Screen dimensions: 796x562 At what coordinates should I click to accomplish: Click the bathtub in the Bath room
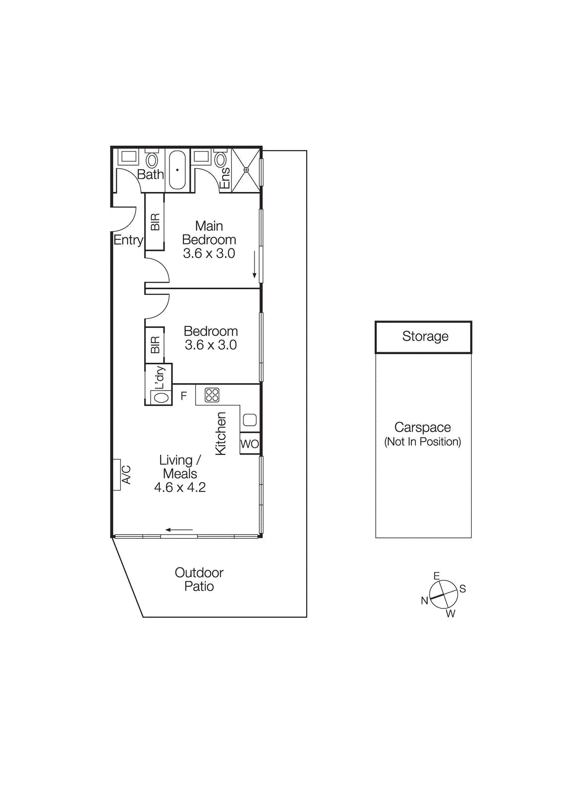[177, 170]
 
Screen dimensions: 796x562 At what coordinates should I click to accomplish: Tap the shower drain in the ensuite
[246, 170]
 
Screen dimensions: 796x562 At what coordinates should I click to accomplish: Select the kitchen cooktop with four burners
[212, 395]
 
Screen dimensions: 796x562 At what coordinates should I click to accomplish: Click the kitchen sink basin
[250, 420]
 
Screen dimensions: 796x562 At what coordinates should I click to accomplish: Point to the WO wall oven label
[249, 444]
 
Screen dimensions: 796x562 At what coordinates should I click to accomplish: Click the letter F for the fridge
[184, 396]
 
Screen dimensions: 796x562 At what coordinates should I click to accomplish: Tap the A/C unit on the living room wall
[117, 475]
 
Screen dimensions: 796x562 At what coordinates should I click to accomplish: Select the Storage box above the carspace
[423, 337]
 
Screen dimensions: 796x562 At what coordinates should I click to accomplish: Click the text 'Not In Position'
[422, 442]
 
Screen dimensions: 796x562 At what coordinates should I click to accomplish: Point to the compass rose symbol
[443, 595]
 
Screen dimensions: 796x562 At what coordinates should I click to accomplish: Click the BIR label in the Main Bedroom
[155, 222]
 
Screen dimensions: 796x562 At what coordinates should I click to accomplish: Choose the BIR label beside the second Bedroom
[155, 345]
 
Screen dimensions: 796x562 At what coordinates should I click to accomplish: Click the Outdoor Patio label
[199, 580]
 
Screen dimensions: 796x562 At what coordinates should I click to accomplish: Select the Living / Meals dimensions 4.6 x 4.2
[180, 488]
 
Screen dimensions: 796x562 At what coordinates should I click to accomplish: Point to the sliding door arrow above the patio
[179, 530]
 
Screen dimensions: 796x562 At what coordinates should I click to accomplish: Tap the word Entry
[128, 240]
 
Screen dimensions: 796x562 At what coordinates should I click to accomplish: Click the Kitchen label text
[221, 433]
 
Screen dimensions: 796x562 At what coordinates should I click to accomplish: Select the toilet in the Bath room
[152, 160]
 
